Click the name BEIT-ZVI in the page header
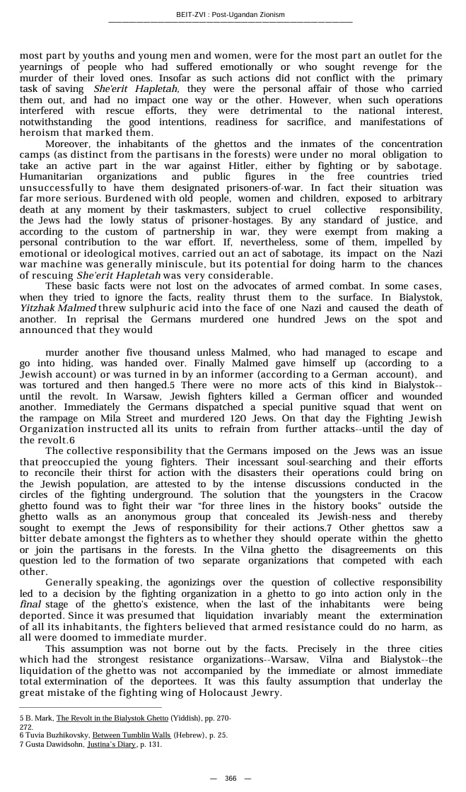(x=191, y=15)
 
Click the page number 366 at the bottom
(x=231, y=778)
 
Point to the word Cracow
(x=426, y=495)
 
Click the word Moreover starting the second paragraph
(x=68, y=144)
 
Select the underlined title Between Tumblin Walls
(x=132, y=735)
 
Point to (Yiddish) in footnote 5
(x=185, y=718)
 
